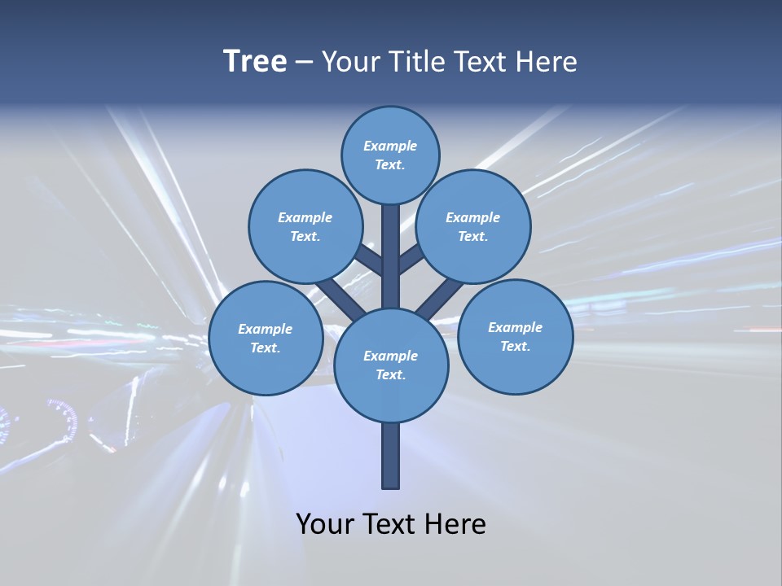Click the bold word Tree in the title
coord(255,61)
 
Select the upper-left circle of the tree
coord(305,226)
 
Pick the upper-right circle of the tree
coord(473,226)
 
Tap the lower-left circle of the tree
coord(266,338)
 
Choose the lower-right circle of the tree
coord(515,336)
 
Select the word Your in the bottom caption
coord(326,524)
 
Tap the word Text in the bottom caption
coord(390,524)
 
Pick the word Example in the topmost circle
coord(390,146)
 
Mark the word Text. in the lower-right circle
coord(515,346)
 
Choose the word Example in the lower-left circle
coord(266,329)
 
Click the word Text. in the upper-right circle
coord(472,236)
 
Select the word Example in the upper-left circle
coord(305,217)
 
